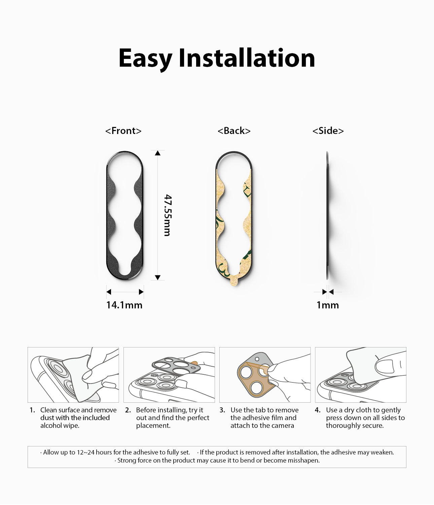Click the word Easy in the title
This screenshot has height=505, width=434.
click(145, 58)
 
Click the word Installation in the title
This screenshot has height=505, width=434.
click(247, 58)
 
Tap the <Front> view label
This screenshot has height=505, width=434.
click(123, 131)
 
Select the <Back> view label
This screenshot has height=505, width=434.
click(234, 131)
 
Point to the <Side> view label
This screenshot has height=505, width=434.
click(328, 131)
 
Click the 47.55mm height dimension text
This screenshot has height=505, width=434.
click(167, 215)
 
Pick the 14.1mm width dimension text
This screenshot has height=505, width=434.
click(124, 305)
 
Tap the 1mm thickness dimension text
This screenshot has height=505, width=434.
click(328, 305)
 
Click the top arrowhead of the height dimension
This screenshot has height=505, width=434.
click(157, 153)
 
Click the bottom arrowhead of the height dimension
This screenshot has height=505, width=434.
click(157, 277)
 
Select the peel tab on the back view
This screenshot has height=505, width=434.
click(234, 282)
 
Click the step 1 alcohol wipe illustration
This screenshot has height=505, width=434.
click(73, 375)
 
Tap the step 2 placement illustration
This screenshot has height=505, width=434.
click(169, 375)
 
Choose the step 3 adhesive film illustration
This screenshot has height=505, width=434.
click(265, 375)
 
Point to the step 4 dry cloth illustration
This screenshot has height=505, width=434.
click(361, 375)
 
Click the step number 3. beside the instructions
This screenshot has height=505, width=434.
click(222, 410)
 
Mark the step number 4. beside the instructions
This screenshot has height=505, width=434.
click(318, 410)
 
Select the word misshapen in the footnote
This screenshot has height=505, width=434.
click(303, 460)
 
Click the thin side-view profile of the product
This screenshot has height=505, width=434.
click(327, 215)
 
